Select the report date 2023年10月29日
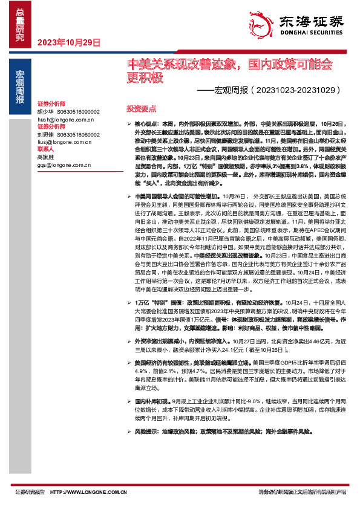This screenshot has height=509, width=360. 68,42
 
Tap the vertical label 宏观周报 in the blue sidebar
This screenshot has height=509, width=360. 20,88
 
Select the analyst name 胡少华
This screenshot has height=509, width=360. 45,112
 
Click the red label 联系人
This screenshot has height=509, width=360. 46,148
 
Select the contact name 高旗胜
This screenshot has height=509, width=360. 45,155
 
